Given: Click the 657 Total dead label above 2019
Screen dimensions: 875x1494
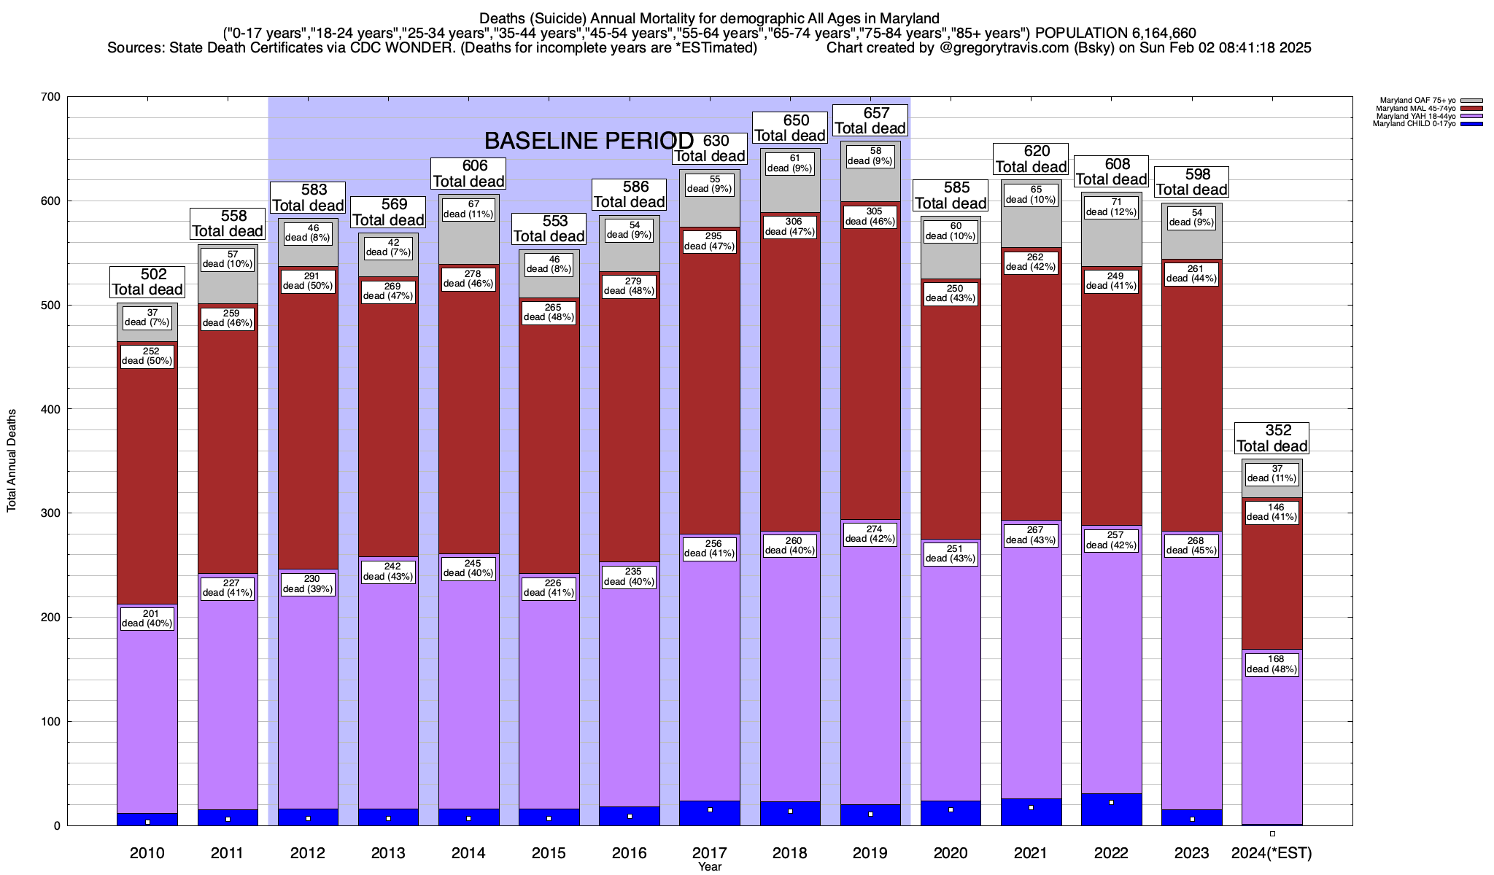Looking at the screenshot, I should point(870,121).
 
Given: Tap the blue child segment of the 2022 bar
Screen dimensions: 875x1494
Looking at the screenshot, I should point(1112,809).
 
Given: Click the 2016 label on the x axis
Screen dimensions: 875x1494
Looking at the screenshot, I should point(629,853).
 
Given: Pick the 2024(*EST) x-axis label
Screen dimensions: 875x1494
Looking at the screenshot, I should point(1272,853).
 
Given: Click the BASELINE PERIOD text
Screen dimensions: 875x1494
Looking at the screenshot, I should point(589,140).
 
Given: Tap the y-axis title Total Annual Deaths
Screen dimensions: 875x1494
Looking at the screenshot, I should point(12,461).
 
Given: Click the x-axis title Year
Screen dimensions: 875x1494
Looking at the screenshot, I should point(709,867).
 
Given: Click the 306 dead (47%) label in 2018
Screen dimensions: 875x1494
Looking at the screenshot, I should point(791,227).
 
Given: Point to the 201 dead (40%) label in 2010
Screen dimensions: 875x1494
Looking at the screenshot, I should point(147,619).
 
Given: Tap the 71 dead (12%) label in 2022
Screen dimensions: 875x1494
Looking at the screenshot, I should point(1112,207).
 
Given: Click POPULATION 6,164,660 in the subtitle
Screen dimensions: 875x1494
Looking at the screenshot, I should point(1115,33).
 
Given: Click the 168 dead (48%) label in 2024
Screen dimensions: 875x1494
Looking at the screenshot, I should point(1272,664).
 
